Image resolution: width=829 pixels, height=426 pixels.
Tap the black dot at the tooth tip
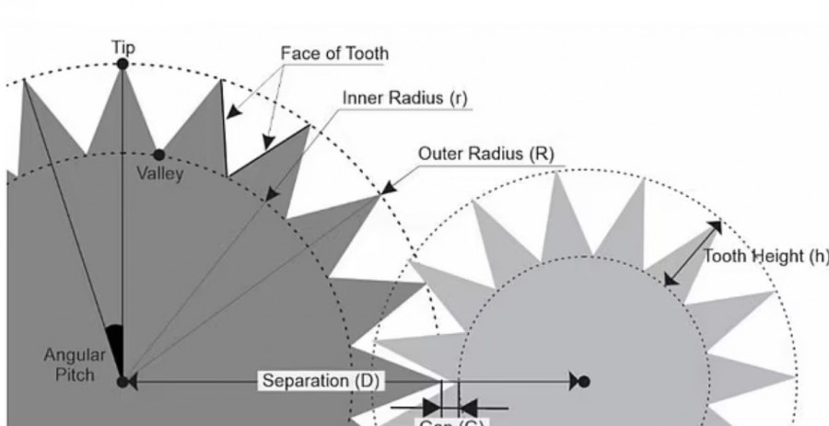point(123,63)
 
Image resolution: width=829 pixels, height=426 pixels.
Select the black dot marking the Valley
point(159,155)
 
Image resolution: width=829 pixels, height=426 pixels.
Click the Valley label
point(159,174)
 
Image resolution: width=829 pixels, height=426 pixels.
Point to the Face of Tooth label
point(334,53)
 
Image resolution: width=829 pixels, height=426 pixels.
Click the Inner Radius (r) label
point(405,98)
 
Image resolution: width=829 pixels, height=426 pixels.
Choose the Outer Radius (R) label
point(485,154)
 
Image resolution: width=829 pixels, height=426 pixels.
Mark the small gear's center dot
point(583,381)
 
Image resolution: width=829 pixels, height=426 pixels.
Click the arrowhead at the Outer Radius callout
point(386,190)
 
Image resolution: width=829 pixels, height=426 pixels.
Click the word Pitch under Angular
point(75,375)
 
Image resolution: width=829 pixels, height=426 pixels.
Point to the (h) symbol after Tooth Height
point(817,257)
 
